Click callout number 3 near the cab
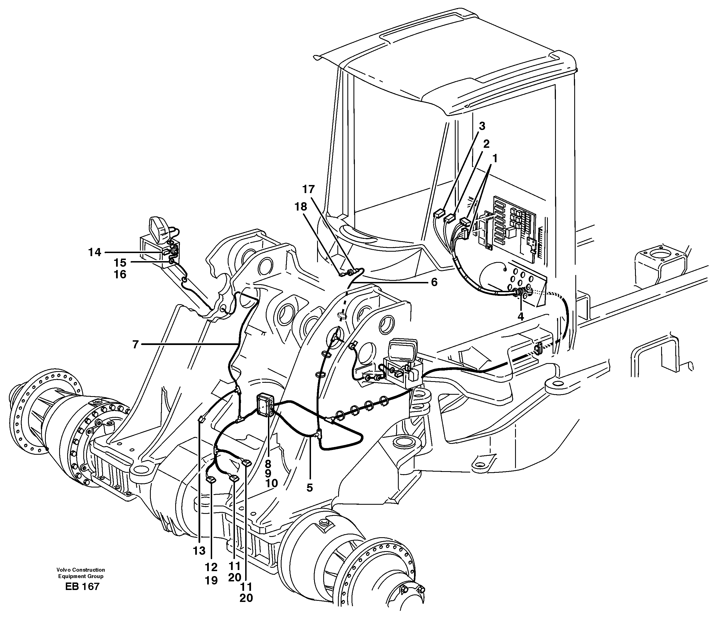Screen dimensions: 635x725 pos(482,126)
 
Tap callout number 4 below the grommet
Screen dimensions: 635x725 pos(520,316)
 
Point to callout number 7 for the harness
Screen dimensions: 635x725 pos(135,344)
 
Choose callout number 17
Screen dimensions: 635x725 pos(308,189)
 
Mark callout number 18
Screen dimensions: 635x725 pos(301,207)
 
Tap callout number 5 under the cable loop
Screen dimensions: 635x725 pos(310,488)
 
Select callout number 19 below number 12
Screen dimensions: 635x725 pos(211,581)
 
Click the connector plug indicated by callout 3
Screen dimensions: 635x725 pos(438,214)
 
